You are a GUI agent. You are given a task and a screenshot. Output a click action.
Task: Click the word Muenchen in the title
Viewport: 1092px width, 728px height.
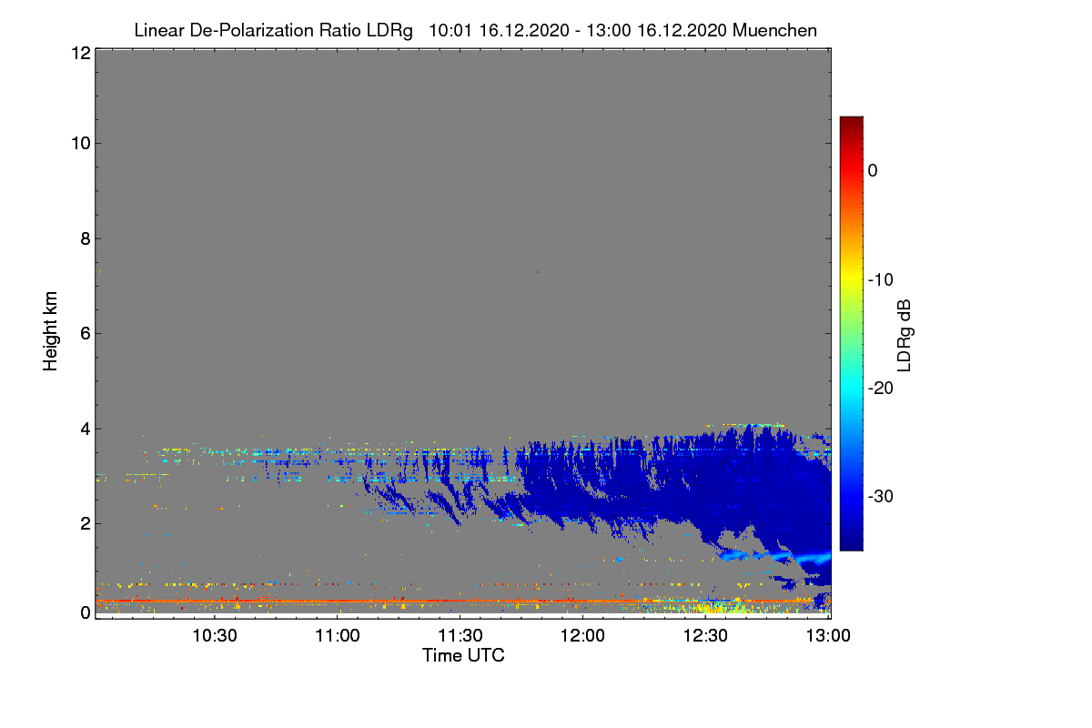click(774, 30)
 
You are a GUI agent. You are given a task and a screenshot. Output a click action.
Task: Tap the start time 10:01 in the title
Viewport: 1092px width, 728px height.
click(445, 30)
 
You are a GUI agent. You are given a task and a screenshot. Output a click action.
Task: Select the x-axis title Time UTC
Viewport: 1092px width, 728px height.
click(463, 655)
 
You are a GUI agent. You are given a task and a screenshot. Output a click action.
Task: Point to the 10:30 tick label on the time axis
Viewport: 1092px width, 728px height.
click(215, 635)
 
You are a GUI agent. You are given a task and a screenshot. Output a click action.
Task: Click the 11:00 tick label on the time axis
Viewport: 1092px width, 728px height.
click(338, 635)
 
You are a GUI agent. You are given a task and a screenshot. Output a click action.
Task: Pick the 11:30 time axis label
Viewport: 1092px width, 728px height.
click(460, 635)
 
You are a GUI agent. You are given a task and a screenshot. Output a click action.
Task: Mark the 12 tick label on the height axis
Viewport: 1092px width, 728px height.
click(79, 53)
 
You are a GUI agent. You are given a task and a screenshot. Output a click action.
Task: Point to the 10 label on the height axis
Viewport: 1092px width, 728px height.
click(79, 143)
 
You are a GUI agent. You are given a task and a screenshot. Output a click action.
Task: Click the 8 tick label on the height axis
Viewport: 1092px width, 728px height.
click(84, 238)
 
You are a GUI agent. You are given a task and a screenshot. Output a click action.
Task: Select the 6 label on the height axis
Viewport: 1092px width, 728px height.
click(84, 333)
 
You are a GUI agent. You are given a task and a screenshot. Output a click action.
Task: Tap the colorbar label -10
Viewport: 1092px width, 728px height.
click(881, 279)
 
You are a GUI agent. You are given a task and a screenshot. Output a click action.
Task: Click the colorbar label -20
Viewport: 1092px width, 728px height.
click(881, 388)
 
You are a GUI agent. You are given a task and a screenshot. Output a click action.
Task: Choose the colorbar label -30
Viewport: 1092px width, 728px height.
click(881, 497)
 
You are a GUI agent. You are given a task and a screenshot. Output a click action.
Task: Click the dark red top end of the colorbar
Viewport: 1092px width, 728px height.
click(851, 121)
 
